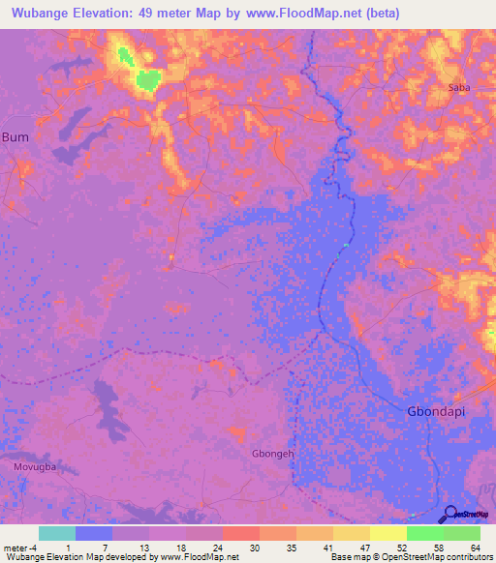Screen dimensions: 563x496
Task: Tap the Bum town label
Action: (15, 136)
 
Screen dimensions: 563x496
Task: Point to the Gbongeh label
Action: (272, 452)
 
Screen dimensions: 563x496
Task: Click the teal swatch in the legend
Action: (57, 533)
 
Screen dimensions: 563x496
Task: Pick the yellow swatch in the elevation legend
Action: (388, 533)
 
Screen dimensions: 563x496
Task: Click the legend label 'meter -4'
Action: (20, 548)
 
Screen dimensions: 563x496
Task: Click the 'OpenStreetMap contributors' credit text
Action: (441, 557)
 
